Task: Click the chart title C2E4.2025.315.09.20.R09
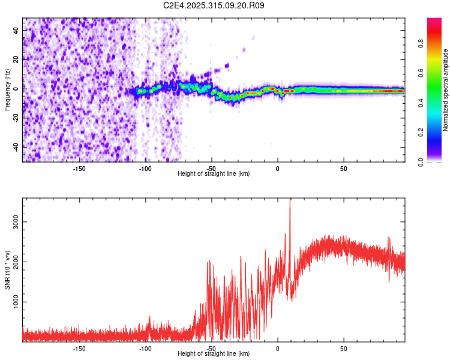[x=214, y=5]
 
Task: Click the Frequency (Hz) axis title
[x=7, y=90]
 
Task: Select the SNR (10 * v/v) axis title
[x=7, y=270]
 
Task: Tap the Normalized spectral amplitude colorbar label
[x=445, y=90]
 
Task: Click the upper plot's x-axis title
[x=214, y=174]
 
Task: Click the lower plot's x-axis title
[x=214, y=354]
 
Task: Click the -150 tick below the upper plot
[x=79, y=169]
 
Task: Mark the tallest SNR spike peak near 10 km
[x=290, y=200]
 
